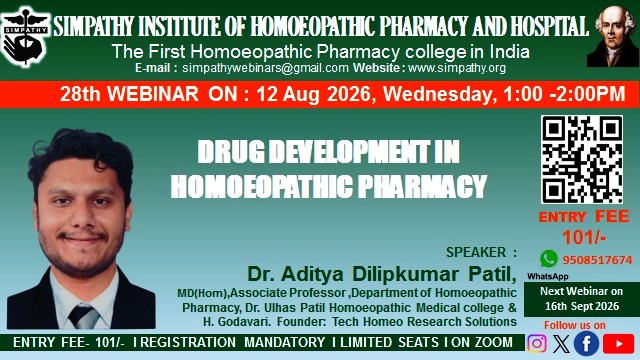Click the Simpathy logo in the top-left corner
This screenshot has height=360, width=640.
25,36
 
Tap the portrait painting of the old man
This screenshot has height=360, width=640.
612,36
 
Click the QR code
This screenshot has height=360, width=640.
582,159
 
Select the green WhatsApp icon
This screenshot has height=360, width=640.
549,259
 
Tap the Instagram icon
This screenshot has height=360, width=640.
537,343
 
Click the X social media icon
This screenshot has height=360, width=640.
561,343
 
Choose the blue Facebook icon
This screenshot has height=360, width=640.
586,343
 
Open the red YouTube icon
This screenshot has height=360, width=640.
618,344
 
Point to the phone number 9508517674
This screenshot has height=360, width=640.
598,260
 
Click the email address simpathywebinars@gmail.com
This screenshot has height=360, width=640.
265,68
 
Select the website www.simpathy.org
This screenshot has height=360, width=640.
457,68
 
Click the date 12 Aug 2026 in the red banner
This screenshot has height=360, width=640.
313,94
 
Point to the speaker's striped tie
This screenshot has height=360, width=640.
84,316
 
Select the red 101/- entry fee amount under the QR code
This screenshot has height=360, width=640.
584,237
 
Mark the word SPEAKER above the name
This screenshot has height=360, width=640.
476,252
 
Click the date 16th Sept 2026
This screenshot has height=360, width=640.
582,306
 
